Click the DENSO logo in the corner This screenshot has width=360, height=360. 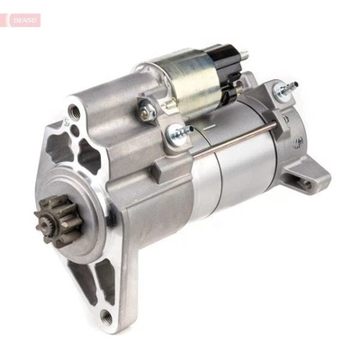coord(22,19)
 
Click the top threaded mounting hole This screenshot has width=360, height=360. coord(75,113)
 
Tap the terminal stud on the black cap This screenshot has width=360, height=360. coord(245,56)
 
